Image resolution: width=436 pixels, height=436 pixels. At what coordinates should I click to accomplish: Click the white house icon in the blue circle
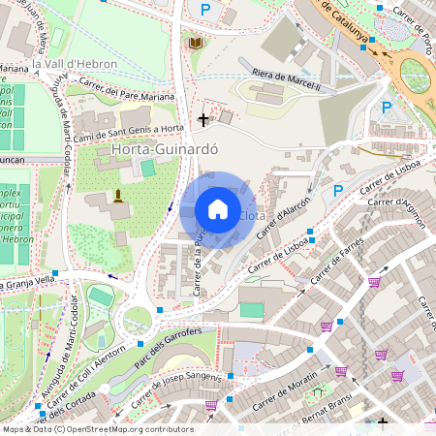pos(218,209)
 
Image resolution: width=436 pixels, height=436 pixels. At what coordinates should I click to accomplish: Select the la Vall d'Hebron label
pos(75,64)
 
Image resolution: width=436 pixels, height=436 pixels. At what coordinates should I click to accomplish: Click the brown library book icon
pos(196,44)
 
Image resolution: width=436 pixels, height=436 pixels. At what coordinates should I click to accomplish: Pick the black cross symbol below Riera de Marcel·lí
pos(203,119)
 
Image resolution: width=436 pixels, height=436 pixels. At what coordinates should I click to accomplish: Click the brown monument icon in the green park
pos(119,197)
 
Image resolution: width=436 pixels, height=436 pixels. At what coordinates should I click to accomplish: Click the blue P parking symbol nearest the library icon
pos(204,10)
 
